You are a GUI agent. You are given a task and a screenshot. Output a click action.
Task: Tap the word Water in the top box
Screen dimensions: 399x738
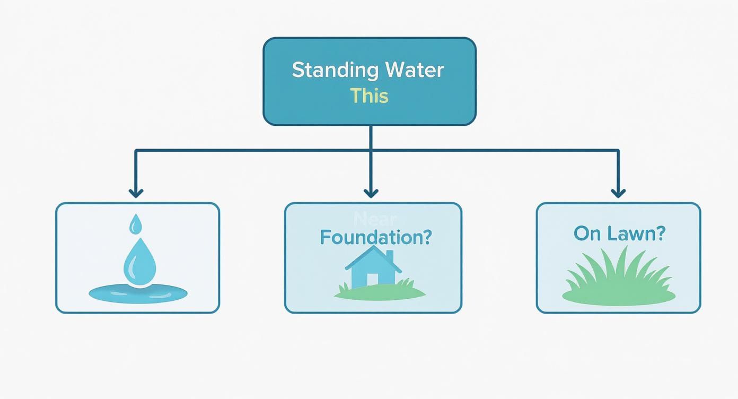pyautogui.click(x=414, y=71)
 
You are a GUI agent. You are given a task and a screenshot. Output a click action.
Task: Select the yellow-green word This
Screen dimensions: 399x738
pyautogui.click(x=369, y=96)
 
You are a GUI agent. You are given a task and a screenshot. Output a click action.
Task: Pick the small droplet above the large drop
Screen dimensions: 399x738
pyautogui.click(x=136, y=224)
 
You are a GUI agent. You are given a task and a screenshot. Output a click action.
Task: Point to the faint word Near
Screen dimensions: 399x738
pyautogui.click(x=374, y=219)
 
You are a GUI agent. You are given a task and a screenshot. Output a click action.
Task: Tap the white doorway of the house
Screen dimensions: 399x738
pyautogui.click(x=372, y=279)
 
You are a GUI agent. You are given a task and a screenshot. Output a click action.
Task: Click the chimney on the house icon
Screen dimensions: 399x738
pyautogui.click(x=390, y=256)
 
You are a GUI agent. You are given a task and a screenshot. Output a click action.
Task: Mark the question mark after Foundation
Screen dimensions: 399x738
pyautogui.click(x=425, y=237)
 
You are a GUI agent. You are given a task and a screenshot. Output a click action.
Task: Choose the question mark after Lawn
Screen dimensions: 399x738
pyautogui.click(x=658, y=233)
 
